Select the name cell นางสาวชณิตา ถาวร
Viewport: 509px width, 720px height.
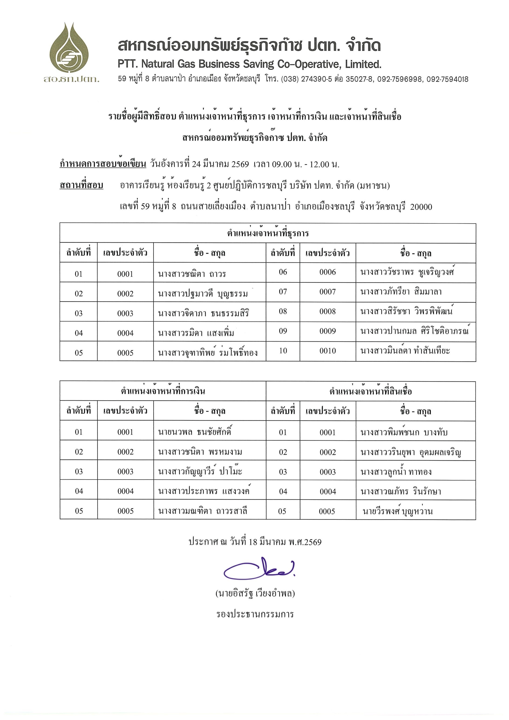point(192,274)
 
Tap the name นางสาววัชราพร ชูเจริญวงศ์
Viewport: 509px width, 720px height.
point(407,272)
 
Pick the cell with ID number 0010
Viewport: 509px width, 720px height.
point(327,351)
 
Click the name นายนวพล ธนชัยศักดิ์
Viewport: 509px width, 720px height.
point(195,432)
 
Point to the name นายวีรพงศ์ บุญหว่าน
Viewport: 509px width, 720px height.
point(397,511)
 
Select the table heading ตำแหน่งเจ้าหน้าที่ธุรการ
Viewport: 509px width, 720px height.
point(268,233)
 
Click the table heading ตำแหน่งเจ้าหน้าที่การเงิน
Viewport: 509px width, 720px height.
point(163,391)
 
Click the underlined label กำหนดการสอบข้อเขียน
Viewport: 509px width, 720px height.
point(103,164)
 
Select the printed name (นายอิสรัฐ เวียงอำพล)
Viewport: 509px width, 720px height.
point(255,593)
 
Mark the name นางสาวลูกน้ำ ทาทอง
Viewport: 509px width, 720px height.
point(396,472)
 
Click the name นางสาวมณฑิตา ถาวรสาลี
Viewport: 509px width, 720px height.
point(203,511)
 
